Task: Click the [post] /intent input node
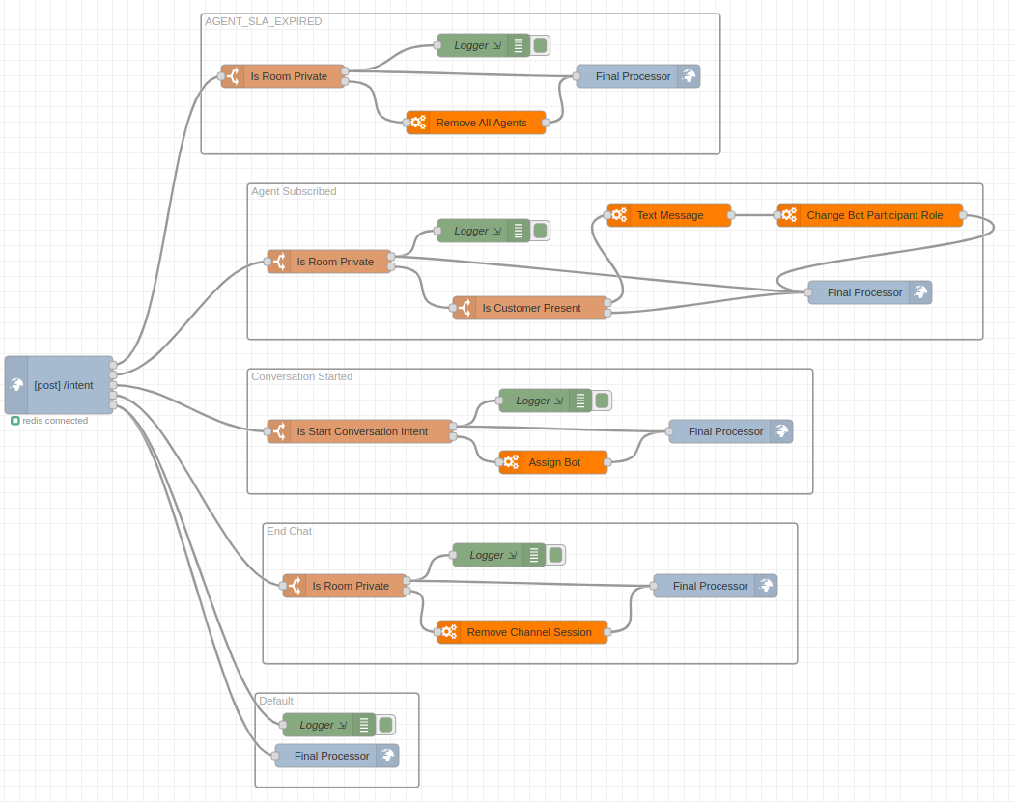click(64, 385)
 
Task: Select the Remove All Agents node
click(481, 123)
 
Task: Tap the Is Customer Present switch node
click(531, 308)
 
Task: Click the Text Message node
click(669, 215)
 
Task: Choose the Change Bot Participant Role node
click(874, 215)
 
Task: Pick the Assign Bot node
click(554, 462)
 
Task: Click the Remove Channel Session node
click(528, 632)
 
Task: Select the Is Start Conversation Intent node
click(361, 431)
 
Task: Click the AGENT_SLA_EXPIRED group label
click(264, 21)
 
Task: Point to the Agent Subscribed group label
click(294, 191)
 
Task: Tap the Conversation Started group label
click(301, 376)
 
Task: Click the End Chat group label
click(289, 531)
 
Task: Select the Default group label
click(276, 701)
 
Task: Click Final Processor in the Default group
click(331, 756)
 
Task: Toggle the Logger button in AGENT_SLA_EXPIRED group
click(541, 45)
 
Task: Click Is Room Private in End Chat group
click(350, 586)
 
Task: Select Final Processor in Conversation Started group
click(725, 431)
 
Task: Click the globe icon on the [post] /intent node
click(16, 385)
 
